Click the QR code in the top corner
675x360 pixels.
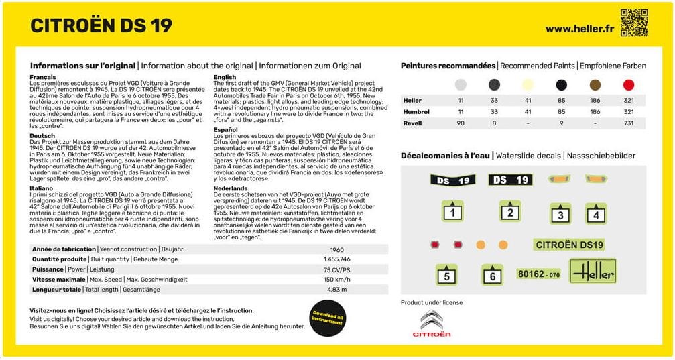point(633,22)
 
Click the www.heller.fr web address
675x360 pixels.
point(579,29)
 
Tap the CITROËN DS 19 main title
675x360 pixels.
point(101,25)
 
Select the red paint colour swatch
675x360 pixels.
point(628,85)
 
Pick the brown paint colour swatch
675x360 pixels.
point(595,85)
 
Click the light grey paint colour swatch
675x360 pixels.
point(461,85)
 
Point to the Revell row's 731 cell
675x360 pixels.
point(628,123)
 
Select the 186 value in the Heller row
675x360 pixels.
point(595,101)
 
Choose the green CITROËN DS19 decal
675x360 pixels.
point(570,245)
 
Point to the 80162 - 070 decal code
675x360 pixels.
point(538,274)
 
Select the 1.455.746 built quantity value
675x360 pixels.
point(336,259)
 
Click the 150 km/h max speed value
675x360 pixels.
point(336,279)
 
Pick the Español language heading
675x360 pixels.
point(225,129)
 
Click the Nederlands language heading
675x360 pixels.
point(231,188)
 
